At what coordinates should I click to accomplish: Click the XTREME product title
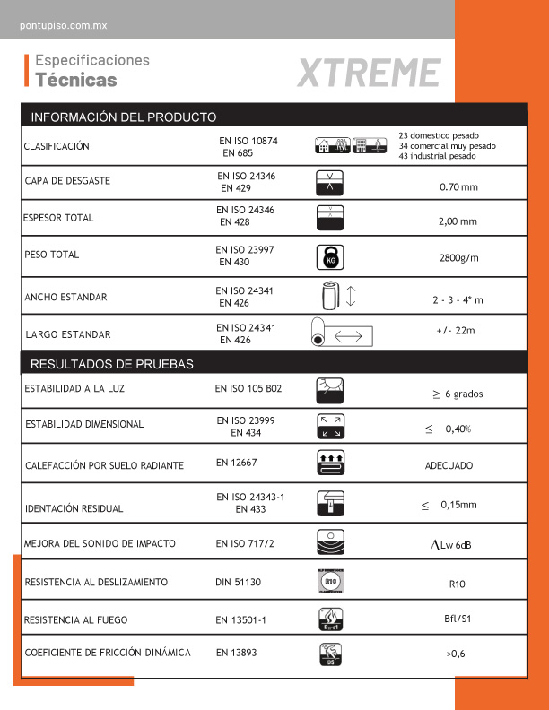coord(368,73)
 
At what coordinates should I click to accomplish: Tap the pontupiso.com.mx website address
coord(63,26)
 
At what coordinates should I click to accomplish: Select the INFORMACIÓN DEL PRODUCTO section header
coord(124,117)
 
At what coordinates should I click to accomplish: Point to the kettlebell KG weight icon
coord(330,257)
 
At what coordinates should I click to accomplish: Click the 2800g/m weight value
coord(459,258)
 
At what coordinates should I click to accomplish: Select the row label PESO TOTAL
coord(52,255)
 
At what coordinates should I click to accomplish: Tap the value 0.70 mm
coord(458,187)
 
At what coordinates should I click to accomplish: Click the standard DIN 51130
coord(238,582)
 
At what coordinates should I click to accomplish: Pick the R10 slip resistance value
coord(456,584)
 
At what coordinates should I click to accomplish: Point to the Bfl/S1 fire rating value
coord(457,619)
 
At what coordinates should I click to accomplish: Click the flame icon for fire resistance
coord(330,619)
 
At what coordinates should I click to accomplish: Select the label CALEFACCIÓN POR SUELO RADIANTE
coord(104,465)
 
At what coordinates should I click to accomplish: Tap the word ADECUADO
coord(449,466)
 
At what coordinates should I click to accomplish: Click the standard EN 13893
coord(236,653)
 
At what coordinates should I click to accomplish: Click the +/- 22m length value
coord(456,331)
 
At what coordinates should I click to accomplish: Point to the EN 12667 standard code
coord(236,463)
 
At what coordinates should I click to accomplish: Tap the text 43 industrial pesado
coord(437,156)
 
